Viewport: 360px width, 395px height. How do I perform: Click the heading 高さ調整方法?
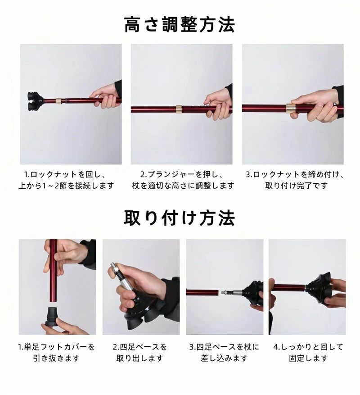pos(180,25)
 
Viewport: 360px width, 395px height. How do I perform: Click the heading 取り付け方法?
pos(180,218)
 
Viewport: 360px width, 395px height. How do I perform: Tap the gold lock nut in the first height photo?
pos(58,101)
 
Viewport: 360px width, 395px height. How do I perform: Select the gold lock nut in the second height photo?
pos(179,109)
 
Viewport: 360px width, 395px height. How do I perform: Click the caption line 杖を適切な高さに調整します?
pos(183,186)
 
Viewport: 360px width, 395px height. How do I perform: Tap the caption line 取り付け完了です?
pos(296,186)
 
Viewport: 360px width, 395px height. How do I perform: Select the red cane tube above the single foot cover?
pos(53,270)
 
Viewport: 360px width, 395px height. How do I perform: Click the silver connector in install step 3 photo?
pos(233,293)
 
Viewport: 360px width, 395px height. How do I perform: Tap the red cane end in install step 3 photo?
pos(202,292)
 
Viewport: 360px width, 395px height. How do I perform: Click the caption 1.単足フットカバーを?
pos(56,347)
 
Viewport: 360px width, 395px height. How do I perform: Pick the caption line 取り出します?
pos(140,358)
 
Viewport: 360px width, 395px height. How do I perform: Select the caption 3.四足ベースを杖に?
pos(224,347)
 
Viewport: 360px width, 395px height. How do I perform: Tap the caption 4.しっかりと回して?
pos(308,347)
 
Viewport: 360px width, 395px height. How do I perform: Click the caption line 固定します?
pos(308,358)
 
